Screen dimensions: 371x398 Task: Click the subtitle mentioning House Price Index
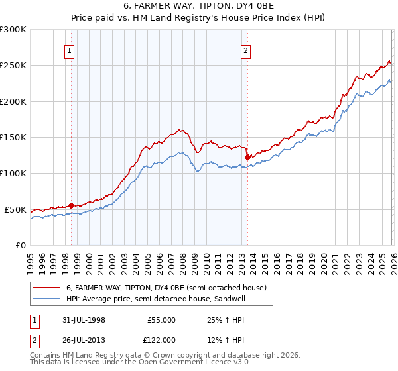click(198, 19)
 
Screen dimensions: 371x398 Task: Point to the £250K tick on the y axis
click(13, 66)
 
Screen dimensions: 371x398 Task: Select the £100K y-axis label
click(13, 174)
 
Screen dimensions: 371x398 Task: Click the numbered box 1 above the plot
click(70, 50)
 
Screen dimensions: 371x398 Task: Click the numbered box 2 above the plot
click(245, 50)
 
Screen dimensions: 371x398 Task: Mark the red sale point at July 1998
click(72, 205)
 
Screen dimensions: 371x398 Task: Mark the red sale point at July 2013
click(247, 157)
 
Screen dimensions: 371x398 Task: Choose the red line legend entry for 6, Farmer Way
click(166, 288)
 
